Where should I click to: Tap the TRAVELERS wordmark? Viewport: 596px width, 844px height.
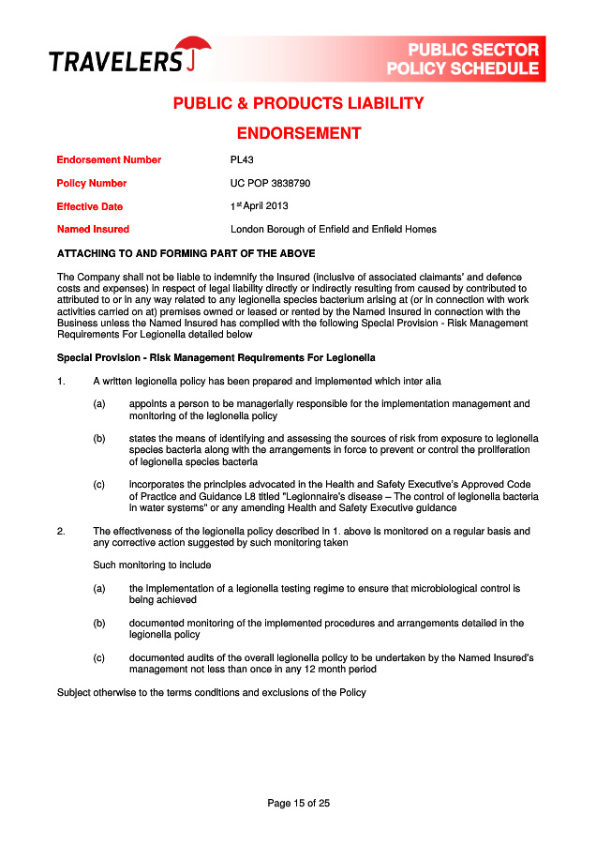115,63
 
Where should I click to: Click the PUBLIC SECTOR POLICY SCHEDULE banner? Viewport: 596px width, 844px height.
464,59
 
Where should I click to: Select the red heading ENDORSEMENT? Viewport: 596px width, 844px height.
298,133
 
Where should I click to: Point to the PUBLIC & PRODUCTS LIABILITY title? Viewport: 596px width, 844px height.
298,103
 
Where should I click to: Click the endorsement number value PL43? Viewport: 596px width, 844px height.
242,159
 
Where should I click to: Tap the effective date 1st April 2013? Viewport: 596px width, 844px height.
260,206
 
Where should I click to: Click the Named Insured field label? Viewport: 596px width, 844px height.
93,229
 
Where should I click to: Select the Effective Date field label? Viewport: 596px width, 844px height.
89,206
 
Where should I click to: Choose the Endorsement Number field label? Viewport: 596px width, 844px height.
109,159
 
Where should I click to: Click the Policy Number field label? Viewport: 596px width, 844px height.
92,183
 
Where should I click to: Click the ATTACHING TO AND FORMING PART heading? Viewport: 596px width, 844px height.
186,253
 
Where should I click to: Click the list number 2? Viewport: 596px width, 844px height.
61,531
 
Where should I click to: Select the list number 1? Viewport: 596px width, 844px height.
61,381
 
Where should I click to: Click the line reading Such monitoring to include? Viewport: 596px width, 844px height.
152,565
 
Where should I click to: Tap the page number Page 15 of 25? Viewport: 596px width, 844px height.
298,803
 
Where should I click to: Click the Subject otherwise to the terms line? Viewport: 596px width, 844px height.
211,692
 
